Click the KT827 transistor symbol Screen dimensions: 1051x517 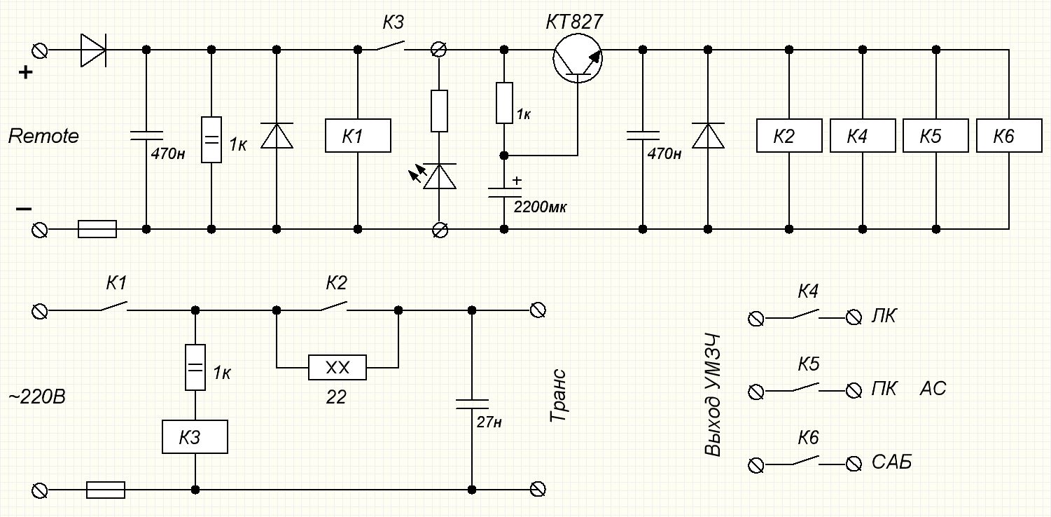click(x=578, y=59)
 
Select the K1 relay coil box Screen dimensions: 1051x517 click(x=358, y=136)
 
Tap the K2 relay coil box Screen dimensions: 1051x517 click(x=789, y=136)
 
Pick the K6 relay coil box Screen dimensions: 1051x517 click(x=1009, y=136)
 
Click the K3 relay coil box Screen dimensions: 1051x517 click(x=195, y=436)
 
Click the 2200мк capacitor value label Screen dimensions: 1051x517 click(x=540, y=207)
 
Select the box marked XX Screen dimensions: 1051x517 click(x=337, y=367)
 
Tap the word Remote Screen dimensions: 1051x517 click(x=43, y=136)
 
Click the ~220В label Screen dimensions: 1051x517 click(x=37, y=397)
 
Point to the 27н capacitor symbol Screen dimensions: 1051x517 click(x=472, y=404)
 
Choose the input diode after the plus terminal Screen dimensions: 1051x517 click(x=93, y=50)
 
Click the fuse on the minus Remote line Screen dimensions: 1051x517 click(x=97, y=229)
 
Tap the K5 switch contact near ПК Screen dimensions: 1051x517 click(x=806, y=388)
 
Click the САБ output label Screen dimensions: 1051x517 click(x=891, y=462)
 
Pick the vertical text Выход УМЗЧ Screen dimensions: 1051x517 click(x=712, y=395)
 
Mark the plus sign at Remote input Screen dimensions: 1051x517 click(x=25, y=72)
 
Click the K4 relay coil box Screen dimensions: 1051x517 click(x=863, y=136)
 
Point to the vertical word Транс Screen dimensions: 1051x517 click(x=558, y=396)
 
